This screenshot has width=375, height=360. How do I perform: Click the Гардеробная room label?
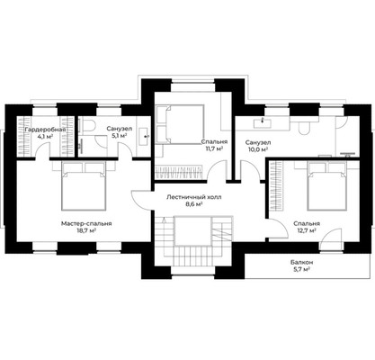coord(45,130)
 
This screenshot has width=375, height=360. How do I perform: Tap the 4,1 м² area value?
coord(45,136)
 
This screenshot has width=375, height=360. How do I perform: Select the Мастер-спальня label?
coord(86,223)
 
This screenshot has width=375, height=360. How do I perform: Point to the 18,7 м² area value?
coord(86,230)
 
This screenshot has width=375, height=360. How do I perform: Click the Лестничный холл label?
coord(194,197)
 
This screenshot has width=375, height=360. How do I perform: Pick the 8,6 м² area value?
coord(194,204)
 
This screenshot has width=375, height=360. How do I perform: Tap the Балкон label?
coord(301,263)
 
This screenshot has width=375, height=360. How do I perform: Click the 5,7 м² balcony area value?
coord(301,269)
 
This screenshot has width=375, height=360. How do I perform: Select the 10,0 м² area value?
coord(258,148)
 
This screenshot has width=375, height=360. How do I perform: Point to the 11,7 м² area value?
coord(214,148)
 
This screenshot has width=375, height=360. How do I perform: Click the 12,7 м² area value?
coord(307,230)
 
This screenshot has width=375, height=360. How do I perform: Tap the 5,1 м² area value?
coord(120,136)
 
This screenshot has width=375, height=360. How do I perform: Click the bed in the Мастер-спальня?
coord(84,185)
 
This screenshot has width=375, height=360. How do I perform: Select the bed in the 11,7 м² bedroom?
coord(180,124)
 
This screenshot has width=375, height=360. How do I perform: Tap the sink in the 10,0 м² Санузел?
coord(263,122)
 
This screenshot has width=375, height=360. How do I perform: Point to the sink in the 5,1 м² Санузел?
coord(146,137)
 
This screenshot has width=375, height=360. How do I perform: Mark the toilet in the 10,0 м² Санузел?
coord(304,128)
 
